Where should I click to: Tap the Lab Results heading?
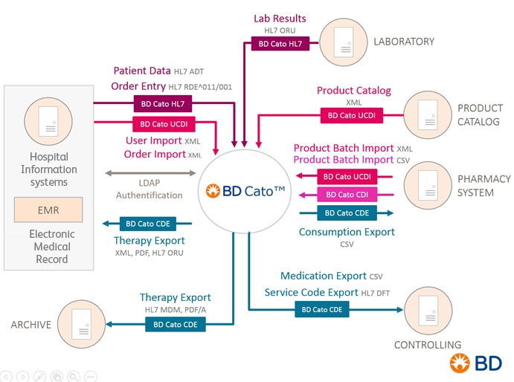pyautogui.click(x=280, y=18)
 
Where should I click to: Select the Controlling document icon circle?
pyautogui.click(x=428, y=309)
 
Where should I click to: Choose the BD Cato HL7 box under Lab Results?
pyautogui.click(x=280, y=44)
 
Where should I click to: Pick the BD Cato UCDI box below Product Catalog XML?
pyautogui.click(x=352, y=115)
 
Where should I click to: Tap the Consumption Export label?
pyautogui.click(x=347, y=232)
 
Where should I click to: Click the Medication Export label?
pyautogui.click(x=324, y=276)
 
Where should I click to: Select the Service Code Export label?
pyautogui.click(x=312, y=293)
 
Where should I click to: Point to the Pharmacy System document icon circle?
pyautogui.click(x=428, y=186)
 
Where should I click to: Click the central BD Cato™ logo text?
pyautogui.click(x=245, y=191)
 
